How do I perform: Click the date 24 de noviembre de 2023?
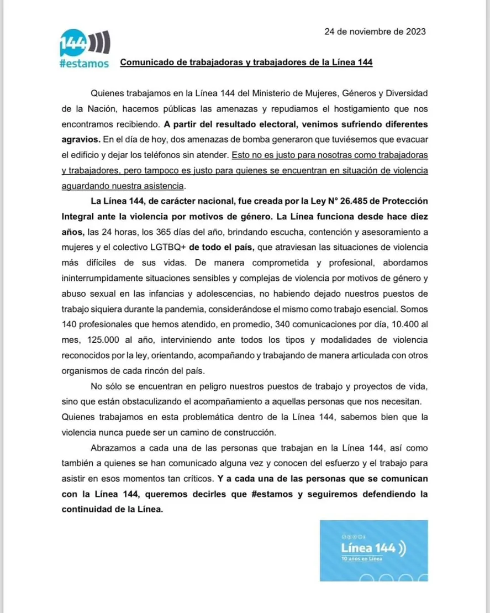(x=375, y=32)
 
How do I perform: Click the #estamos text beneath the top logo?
(x=83, y=63)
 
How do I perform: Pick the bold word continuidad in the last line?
(x=87, y=509)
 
